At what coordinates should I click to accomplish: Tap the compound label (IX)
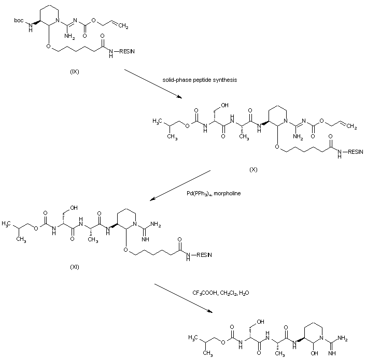74,71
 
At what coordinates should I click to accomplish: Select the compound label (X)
253,169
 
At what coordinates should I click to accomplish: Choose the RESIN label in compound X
355,152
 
